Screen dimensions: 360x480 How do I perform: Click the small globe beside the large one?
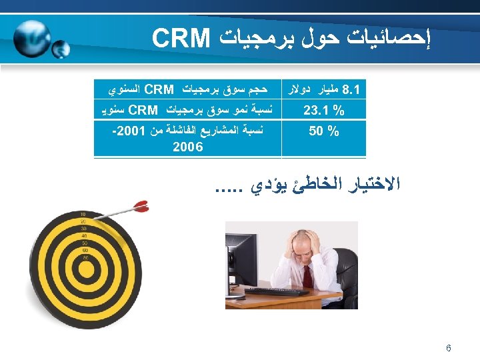[60, 49]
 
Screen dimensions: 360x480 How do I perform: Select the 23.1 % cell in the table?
[323, 110]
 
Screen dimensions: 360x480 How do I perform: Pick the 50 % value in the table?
[323, 131]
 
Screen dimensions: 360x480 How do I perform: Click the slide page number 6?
[449, 348]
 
